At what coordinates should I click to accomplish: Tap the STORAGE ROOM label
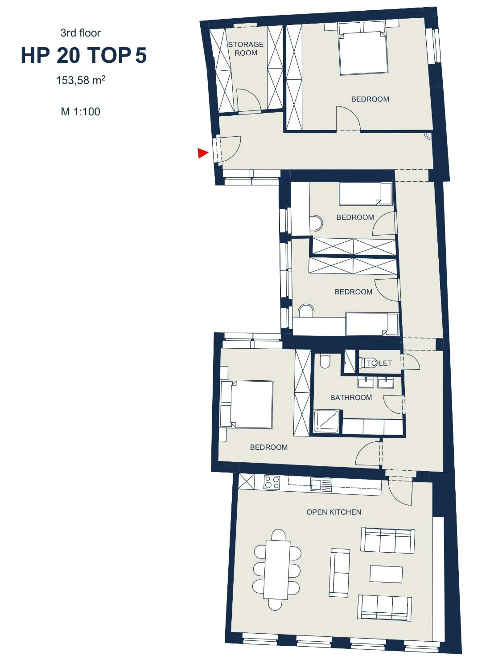click(x=246, y=49)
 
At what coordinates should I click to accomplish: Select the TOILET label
click(x=379, y=363)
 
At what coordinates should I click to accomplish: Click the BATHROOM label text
click(x=351, y=397)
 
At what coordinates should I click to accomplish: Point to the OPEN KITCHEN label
click(x=334, y=512)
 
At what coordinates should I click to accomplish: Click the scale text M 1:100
click(x=81, y=112)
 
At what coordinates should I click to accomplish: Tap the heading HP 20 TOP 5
click(x=84, y=56)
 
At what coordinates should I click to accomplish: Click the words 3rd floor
click(x=81, y=33)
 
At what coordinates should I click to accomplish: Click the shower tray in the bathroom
click(x=327, y=421)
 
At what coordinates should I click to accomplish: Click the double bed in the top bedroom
click(x=363, y=53)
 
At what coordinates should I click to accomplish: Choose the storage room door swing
click(x=248, y=100)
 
